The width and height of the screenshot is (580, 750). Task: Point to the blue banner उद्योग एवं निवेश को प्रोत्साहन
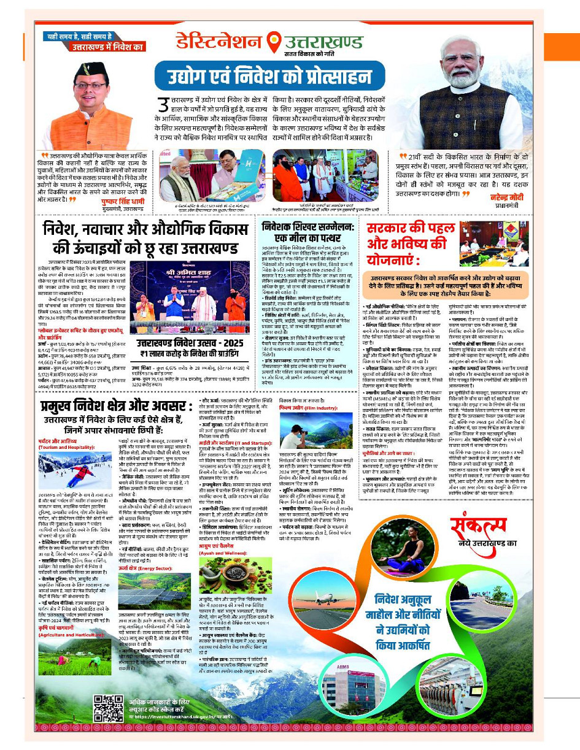click(277, 78)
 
